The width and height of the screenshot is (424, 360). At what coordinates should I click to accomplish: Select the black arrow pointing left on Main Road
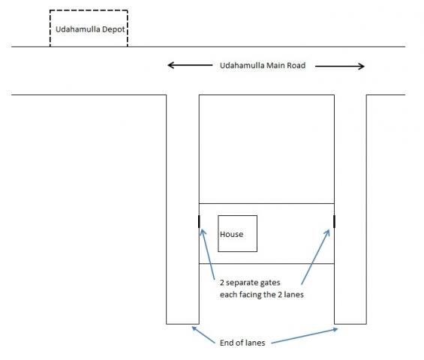click(190, 65)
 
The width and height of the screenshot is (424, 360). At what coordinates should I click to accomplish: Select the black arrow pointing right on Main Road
click(340, 66)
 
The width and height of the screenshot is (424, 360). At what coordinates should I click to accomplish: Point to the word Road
click(296, 65)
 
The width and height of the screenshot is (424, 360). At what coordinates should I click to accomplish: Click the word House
click(231, 234)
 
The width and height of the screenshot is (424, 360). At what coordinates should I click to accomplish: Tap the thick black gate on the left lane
click(199, 221)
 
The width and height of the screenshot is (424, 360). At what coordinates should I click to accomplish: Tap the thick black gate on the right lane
click(334, 221)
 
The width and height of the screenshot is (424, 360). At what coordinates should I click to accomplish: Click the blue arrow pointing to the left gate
click(208, 254)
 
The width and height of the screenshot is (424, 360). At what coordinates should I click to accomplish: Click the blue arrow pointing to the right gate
click(316, 256)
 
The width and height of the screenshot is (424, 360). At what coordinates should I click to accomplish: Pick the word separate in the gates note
click(240, 283)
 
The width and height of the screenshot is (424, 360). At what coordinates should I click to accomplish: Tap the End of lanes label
click(242, 343)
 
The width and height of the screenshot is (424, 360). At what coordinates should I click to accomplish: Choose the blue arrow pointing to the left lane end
click(203, 335)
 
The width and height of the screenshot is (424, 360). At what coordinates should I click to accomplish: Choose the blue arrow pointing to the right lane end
click(305, 336)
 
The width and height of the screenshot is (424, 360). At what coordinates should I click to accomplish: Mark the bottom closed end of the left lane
click(182, 324)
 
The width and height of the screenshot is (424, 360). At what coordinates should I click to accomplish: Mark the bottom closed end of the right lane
click(350, 324)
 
